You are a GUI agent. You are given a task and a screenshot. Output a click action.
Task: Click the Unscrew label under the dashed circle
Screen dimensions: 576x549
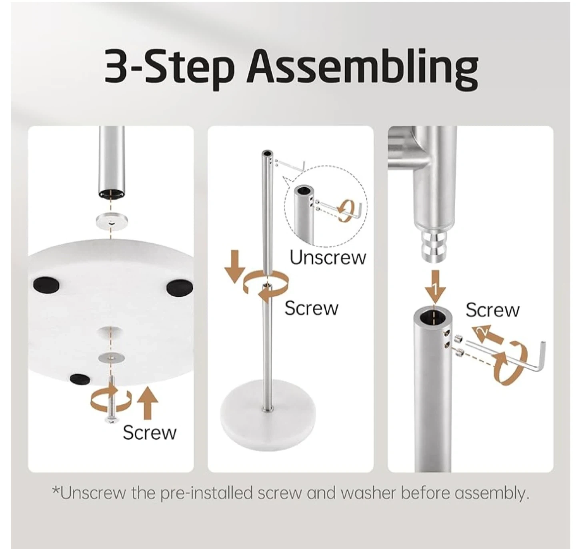coord(328,258)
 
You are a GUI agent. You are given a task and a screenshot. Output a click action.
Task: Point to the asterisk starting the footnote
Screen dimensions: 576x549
coord(55,489)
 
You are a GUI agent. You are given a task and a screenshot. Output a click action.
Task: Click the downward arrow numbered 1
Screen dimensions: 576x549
coord(435,287)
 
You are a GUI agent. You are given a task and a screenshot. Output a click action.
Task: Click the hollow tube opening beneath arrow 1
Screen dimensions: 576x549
coord(432,315)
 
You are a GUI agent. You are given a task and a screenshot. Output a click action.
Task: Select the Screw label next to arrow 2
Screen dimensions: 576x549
coord(492,310)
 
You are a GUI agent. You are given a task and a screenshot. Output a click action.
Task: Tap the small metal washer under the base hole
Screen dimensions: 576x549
coord(111,356)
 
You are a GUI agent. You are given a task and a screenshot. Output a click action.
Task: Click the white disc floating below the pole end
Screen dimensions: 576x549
coord(112,221)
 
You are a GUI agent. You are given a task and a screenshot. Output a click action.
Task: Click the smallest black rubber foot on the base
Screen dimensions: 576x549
coord(80,379)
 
